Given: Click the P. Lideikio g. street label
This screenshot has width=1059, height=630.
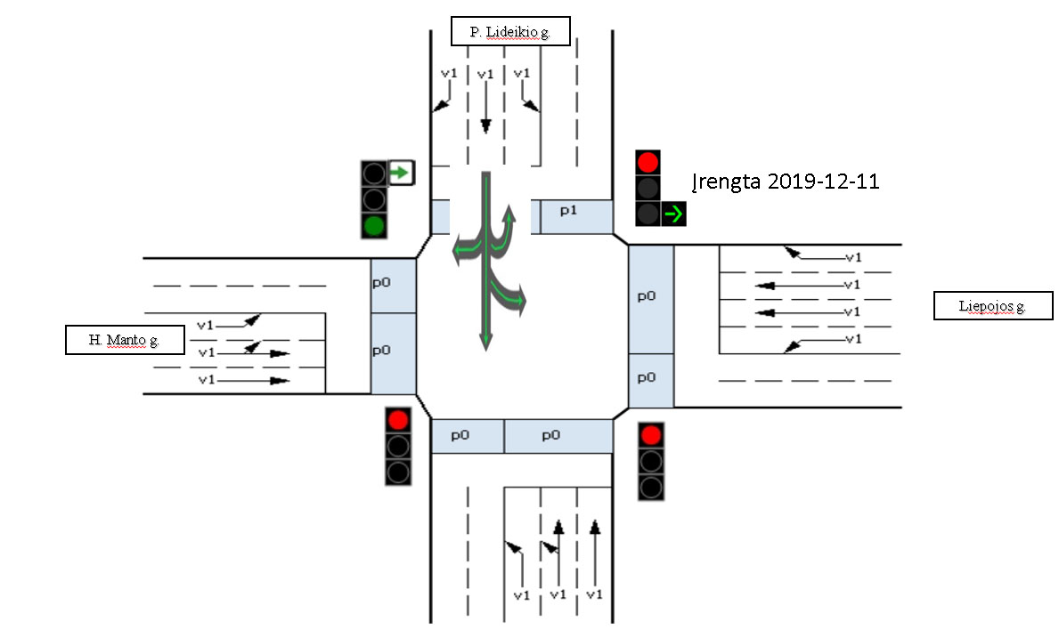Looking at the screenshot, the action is point(510,31).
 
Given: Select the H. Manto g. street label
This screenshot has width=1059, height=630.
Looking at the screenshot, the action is point(125,339).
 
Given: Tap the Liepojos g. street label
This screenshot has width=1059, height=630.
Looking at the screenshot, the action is point(993,305).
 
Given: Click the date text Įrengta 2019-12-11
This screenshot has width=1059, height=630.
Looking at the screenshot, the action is point(786,182).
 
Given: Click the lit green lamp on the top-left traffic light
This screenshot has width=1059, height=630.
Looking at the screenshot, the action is point(374,225).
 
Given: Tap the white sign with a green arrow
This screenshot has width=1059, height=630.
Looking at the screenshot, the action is point(401,173).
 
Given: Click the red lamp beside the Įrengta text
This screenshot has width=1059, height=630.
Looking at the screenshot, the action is point(648,163).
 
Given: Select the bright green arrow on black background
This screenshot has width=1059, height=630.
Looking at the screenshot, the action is point(673,214).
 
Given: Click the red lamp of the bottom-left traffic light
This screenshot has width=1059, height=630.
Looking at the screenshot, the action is point(398,419).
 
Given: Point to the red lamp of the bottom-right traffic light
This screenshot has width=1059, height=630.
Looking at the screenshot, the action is point(651,435).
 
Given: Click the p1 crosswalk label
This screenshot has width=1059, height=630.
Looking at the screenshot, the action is point(568,211).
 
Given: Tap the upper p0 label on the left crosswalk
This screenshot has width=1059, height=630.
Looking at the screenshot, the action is point(381,283).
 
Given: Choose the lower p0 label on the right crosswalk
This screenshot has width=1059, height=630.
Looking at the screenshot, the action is point(647,377).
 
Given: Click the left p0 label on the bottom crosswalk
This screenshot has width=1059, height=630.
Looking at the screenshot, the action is point(460,435).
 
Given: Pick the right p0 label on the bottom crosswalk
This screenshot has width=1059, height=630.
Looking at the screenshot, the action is point(551,435).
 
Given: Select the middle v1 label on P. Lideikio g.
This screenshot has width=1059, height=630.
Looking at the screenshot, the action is point(485,74).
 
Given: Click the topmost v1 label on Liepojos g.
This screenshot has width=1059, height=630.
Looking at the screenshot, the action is point(853,257).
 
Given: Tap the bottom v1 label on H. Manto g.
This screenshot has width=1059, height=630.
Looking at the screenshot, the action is point(207,380).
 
